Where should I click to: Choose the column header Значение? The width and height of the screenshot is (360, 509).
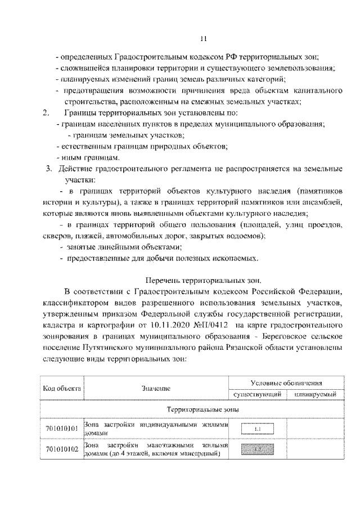[x=156, y=388]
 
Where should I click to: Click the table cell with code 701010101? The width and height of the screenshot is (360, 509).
[x=62, y=429]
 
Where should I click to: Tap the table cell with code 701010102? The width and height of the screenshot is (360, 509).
[x=62, y=449]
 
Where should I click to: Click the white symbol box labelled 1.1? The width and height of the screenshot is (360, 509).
[x=257, y=429]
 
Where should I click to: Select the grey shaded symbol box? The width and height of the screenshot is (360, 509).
[x=257, y=449]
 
